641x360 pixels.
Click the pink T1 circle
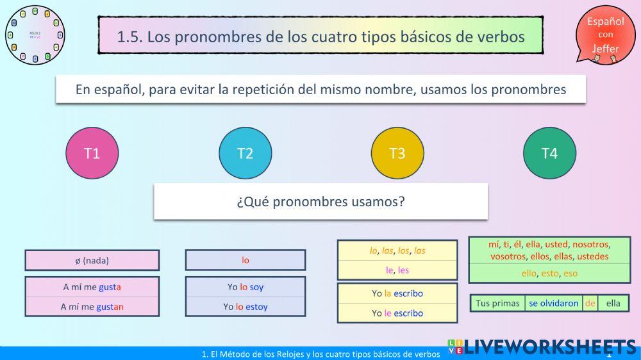pyautogui.click(x=92, y=153)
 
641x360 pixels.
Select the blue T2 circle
pyautogui.click(x=245, y=153)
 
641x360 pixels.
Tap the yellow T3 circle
pyautogui.click(x=397, y=153)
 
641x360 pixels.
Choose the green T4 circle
pyautogui.click(x=549, y=153)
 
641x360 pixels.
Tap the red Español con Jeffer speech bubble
pyautogui.click(x=605, y=35)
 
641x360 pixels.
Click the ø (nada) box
pyautogui.click(x=92, y=260)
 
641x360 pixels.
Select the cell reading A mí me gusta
pyautogui.click(x=92, y=287)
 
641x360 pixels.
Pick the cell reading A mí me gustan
pyautogui.click(x=92, y=307)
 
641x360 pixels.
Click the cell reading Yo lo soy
pyautogui.click(x=246, y=287)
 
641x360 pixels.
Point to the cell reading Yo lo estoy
pyautogui.click(x=246, y=307)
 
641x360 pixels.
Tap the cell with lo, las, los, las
pyautogui.click(x=397, y=250)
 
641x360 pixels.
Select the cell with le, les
pyautogui.click(x=397, y=270)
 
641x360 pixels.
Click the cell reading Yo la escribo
pyautogui.click(x=397, y=293)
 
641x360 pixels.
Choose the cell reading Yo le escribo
pyautogui.click(x=397, y=313)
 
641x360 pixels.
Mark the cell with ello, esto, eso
pyautogui.click(x=549, y=273)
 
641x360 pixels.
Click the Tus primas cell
pyautogui.click(x=498, y=303)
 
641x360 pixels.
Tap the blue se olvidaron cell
pyautogui.click(x=553, y=303)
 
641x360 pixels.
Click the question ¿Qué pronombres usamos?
pyautogui.click(x=320, y=202)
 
